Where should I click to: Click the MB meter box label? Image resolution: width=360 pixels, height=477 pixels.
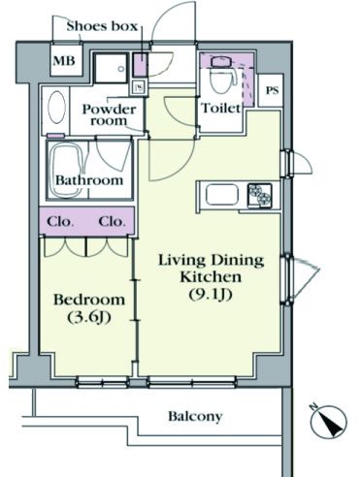coord(64,61)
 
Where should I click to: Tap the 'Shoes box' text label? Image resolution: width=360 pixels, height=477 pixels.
coord(102,26)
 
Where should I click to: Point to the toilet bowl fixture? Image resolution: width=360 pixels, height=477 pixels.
coord(222,75)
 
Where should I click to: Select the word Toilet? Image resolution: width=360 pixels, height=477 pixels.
coord(221,108)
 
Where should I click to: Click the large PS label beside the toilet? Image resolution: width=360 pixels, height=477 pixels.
coord(272,90)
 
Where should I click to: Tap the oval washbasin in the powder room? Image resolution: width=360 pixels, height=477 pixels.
coord(56,107)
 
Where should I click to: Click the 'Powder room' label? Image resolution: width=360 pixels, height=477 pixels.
coord(109,114)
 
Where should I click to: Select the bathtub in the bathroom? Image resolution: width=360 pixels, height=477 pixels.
coord(67,170)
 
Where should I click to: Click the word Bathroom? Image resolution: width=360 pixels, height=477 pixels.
coord(89,180)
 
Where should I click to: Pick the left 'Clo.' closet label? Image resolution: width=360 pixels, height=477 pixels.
coord(60,222)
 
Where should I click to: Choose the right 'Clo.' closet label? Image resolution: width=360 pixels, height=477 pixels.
coord(112,222)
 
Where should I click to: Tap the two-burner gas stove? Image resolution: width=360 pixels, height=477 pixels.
coord(260,195)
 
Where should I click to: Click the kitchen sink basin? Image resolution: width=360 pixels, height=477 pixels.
coord(222,195)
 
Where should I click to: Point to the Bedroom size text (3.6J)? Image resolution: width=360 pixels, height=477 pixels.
coord(89,317)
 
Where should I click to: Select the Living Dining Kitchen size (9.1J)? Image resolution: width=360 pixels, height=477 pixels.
coord(211,295)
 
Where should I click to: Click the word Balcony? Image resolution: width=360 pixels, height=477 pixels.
coord(195,417)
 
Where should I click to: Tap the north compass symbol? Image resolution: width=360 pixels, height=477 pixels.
coord(328,421)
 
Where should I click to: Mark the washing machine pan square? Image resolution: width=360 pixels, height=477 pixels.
coord(111,68)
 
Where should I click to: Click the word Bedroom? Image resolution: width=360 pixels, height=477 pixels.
coord(89,300)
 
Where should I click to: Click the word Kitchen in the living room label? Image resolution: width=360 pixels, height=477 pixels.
coord(211,277)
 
